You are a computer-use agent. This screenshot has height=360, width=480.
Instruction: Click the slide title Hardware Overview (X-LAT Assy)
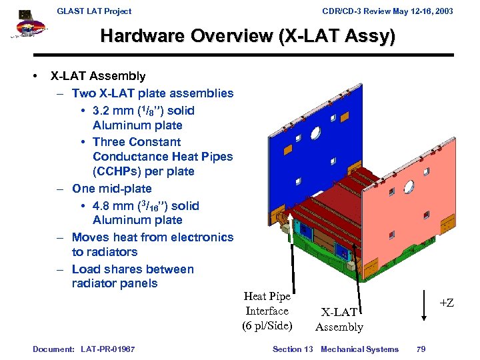pyautogui.click(x=247, y=37)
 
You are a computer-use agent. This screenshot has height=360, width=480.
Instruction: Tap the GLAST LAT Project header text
pyautogui.click(x=94, y=11)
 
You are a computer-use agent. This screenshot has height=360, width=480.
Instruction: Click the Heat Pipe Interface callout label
pyautogui.click(x=267, y=311)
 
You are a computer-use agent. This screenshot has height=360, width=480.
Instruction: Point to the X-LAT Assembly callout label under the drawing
pyautogui.click(x=339, y=319)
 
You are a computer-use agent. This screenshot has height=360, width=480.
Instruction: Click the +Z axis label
pyautogui.click(x=446, y=303)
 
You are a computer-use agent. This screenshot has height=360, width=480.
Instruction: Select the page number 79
pyautogui.click(x=421, y=349)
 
